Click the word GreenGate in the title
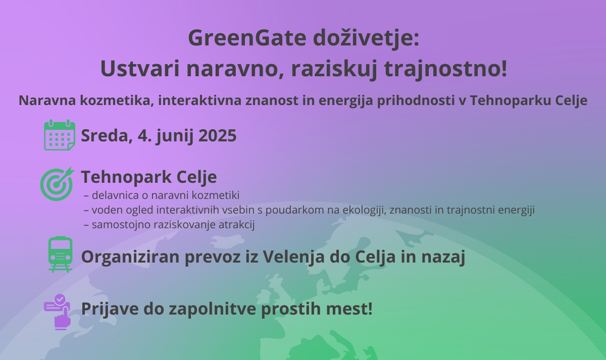(247, 37)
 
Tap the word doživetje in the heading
(366, 38)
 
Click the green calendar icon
(60, 135)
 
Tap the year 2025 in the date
(218, 136)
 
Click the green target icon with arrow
(57, 184)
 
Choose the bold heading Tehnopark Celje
(149, 177)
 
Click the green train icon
(60, 254)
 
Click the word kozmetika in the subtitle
(117, 100)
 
